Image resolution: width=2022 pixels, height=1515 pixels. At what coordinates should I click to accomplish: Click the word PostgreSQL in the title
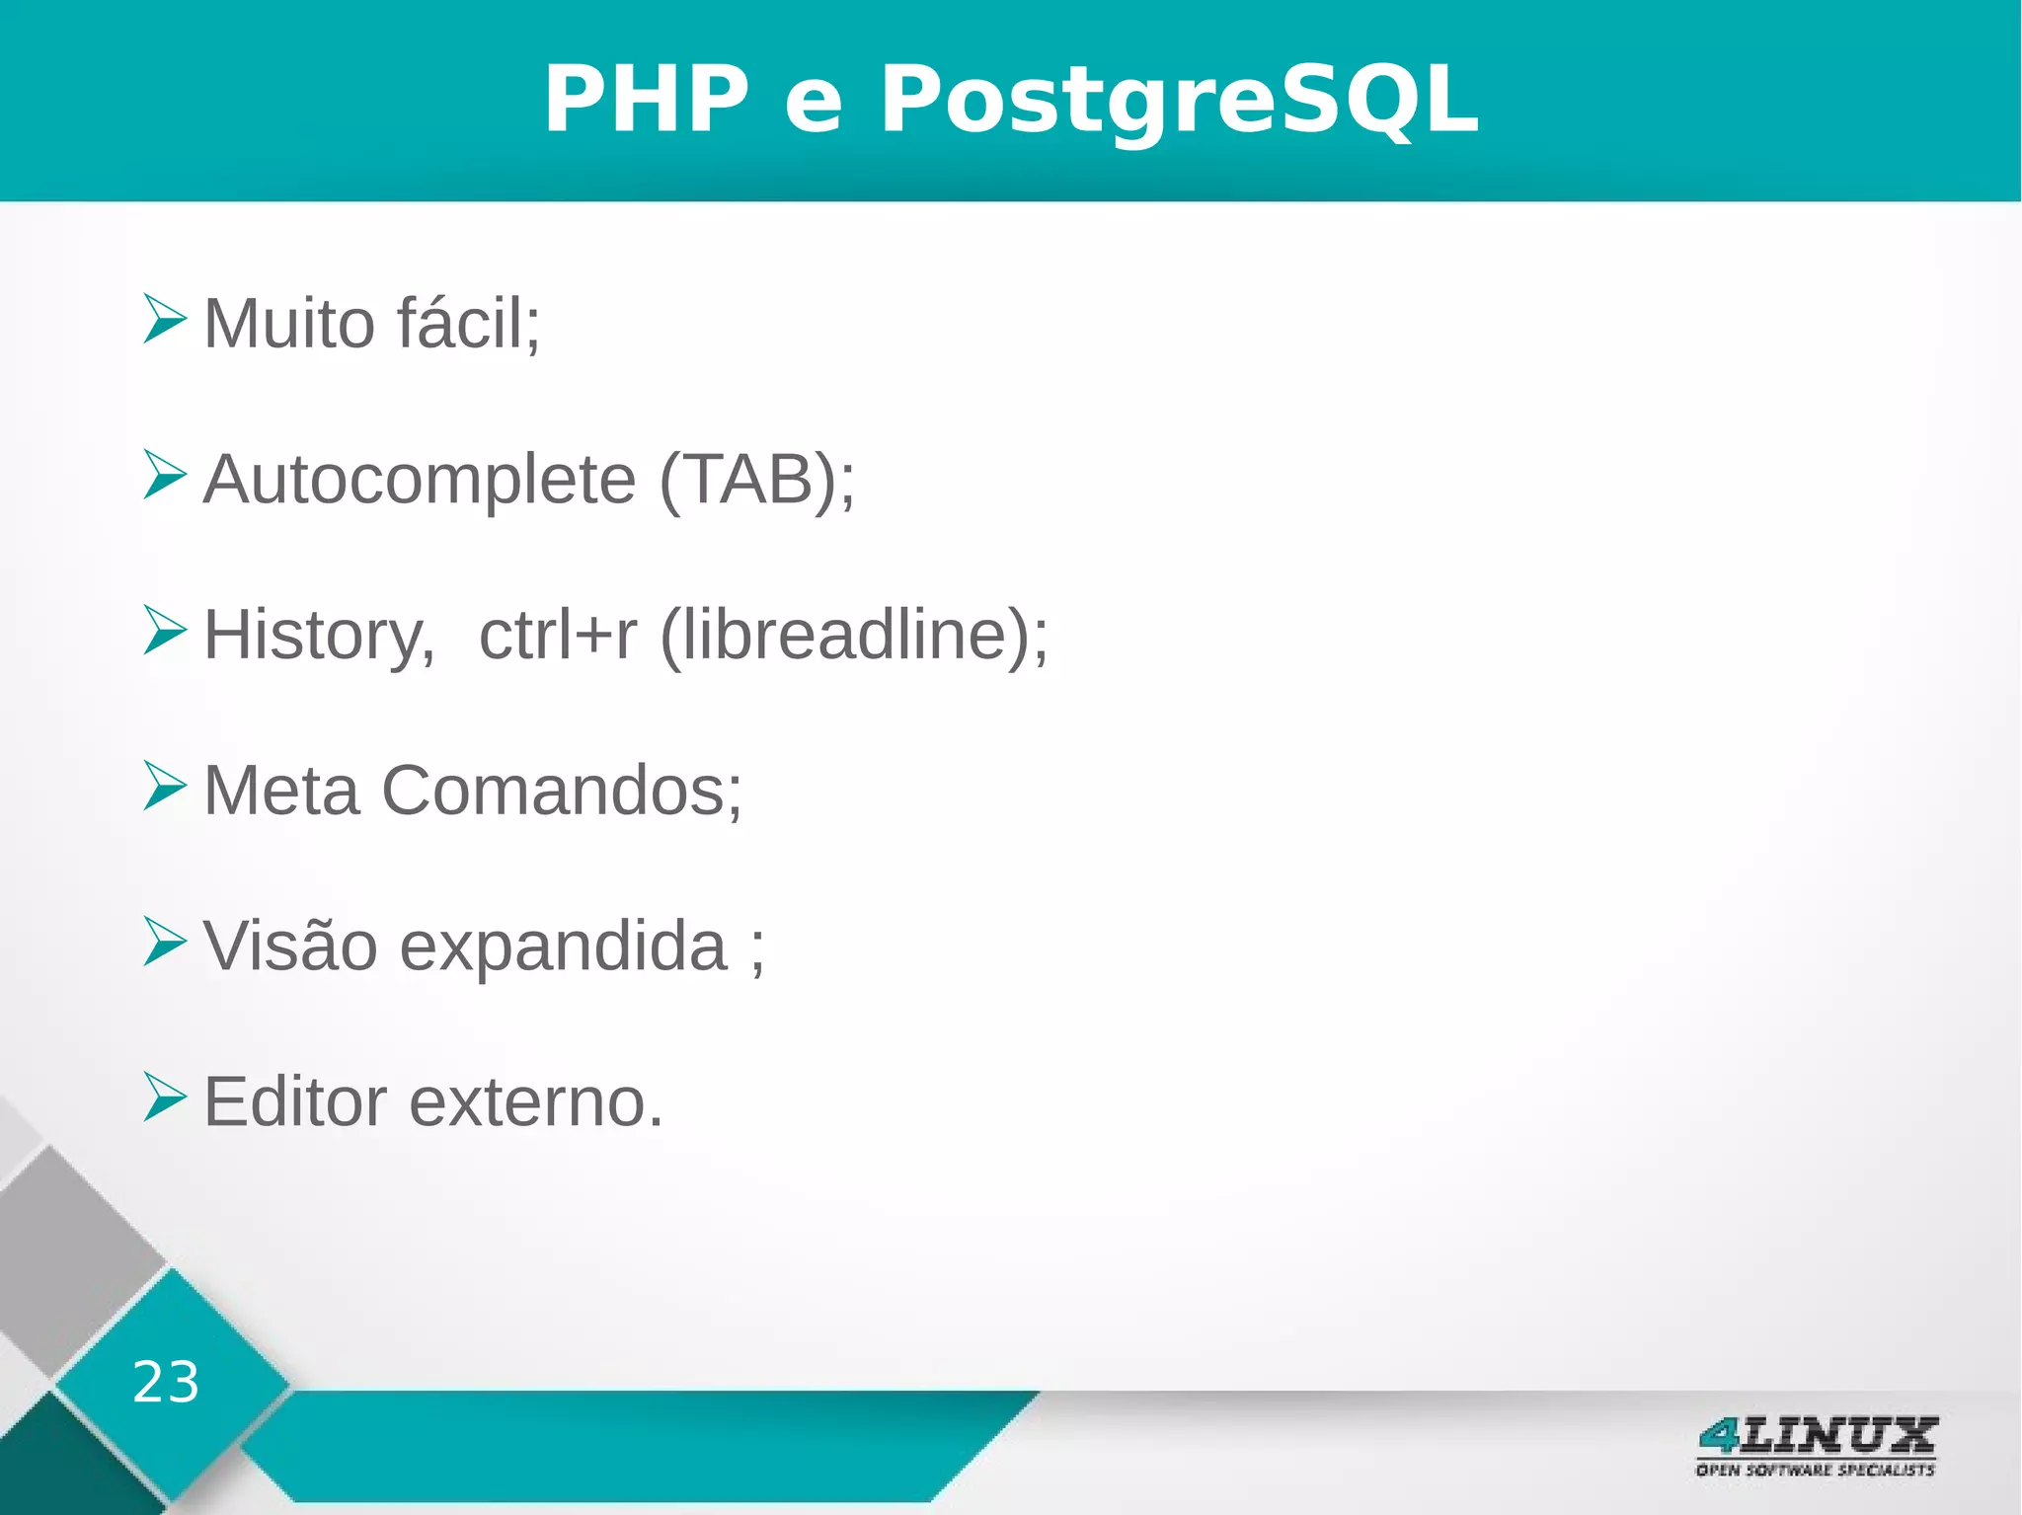click(1179, 99)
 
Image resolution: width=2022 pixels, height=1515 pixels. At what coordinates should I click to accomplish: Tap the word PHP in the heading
click(647, 99)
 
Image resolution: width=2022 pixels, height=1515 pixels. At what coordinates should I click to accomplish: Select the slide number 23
click(166, 1382)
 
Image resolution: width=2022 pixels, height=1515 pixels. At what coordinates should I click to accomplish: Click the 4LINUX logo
click(1816, 1446)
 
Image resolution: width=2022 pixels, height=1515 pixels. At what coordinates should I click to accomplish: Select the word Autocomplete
click(420, 480)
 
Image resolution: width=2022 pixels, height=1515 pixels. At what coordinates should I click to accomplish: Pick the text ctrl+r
click(558, 636)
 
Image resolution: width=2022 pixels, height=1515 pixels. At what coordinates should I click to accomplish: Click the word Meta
click(281, 791)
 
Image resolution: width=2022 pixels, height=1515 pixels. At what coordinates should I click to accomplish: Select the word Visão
click(290, 947)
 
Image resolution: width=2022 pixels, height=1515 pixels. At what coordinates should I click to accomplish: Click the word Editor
click(294, 1101)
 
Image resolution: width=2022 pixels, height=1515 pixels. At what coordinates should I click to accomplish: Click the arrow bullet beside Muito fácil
click(163, 319)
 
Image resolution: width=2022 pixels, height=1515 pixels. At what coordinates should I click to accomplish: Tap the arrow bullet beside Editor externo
click(163, 1097)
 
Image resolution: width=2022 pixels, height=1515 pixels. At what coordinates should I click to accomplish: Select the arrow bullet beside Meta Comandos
click(163, 786)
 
